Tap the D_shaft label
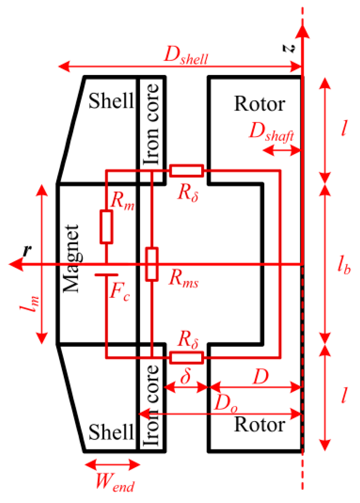[x=271, y=132]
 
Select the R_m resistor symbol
[x=106, y=227]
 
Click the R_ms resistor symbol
[x=152, y=264]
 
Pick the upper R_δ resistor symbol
[x=186, y=171]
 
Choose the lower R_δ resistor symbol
[x=186, y=358]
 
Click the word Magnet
[x=71, y=258]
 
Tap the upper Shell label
[x=111, y=101]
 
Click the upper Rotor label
[x=260, y=104]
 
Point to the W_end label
[x=115, y=483]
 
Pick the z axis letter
[x=289, y=48]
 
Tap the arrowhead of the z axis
[x=302, y=31]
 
